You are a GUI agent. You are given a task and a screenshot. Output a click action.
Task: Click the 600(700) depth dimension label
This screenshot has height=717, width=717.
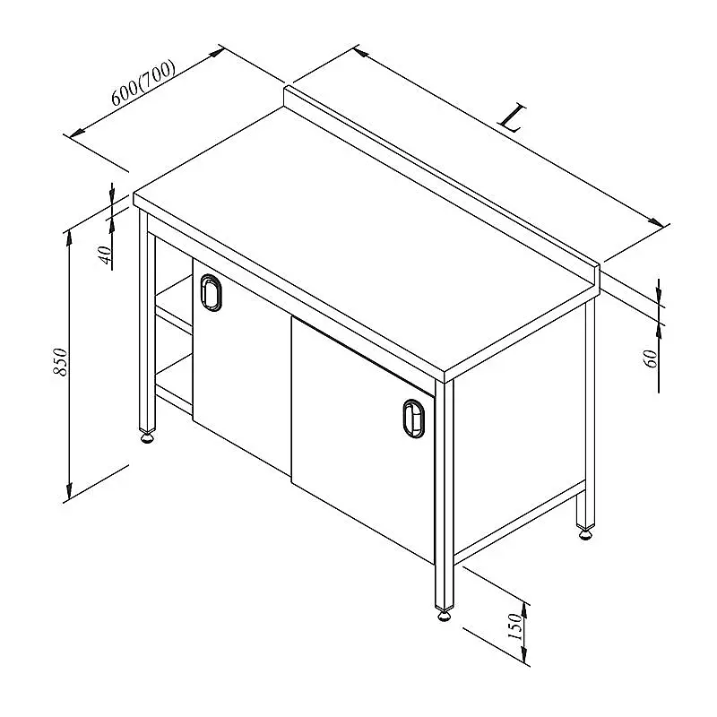[x=143, y=82]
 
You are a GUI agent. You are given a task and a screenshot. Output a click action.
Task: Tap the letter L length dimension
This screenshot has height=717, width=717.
[x=512, y=118]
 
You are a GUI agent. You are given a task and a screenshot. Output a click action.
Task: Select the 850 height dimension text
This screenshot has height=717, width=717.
[x=60, y=362]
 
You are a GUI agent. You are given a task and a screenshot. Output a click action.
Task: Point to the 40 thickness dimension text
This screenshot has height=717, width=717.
[x=105, y=255]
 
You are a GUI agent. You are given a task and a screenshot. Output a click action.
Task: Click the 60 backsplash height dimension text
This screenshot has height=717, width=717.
[x=651, y=358]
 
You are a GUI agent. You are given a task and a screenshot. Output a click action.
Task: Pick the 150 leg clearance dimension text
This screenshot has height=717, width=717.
[x=514, y=626]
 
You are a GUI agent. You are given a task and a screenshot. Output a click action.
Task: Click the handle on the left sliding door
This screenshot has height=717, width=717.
[x=211, y=293]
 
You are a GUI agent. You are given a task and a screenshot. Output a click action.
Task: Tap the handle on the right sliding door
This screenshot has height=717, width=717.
[x=414, y=419]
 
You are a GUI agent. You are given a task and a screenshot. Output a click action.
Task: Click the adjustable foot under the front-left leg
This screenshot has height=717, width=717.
[x=147, y=438]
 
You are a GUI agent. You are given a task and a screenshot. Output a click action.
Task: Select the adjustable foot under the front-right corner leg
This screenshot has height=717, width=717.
[x=444, y=616]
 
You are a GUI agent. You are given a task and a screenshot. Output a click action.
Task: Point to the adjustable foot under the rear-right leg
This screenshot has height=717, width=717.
[x=585, y=533]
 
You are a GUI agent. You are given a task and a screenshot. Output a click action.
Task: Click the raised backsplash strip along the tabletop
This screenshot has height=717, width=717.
[x=441, y=183]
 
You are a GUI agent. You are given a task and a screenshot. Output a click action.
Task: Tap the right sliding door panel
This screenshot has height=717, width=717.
[x=363, y=439]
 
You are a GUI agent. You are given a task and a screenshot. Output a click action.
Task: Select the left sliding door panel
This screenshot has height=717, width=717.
[x=241, y=361]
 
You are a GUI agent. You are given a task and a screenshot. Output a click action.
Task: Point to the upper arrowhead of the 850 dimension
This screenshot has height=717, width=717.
[x=69, y=238]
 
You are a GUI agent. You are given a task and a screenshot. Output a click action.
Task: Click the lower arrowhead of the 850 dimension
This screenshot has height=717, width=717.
[x=69, y=490]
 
